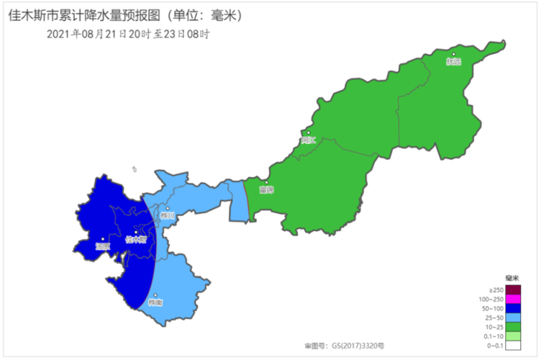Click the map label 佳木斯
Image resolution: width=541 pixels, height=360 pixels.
tap(135, 240)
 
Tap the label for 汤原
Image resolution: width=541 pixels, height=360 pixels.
tap(101, 246)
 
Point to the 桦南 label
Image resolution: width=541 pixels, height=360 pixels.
tap(155, 302)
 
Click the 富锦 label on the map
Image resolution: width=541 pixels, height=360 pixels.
tap(266, 190)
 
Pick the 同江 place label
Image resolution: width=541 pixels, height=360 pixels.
tap(309, 140)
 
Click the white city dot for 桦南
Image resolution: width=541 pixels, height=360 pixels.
tap(154, 294)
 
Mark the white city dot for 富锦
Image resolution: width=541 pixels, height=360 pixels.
tap(266, 183)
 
